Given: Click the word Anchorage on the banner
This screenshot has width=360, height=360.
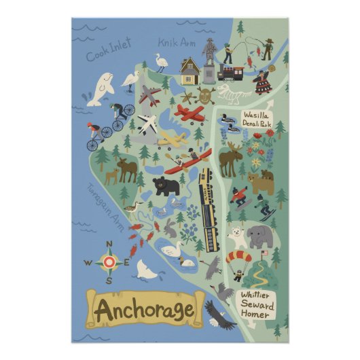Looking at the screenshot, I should (x=144, y=310).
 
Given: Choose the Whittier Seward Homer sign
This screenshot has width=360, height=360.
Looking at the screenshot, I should (x=257, y=304).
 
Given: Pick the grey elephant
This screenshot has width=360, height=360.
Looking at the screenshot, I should (x=259, y=236).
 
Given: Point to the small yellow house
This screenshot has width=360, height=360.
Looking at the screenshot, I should (x=190, y=69).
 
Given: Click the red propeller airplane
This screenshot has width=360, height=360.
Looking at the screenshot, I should (x=189, y=112).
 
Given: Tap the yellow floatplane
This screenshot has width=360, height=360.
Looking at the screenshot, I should (x=172, y=140).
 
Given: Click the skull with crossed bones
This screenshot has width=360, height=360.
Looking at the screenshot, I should (x=206, y=94).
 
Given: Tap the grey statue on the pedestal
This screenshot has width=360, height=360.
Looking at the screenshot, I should (x=209, y=54).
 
